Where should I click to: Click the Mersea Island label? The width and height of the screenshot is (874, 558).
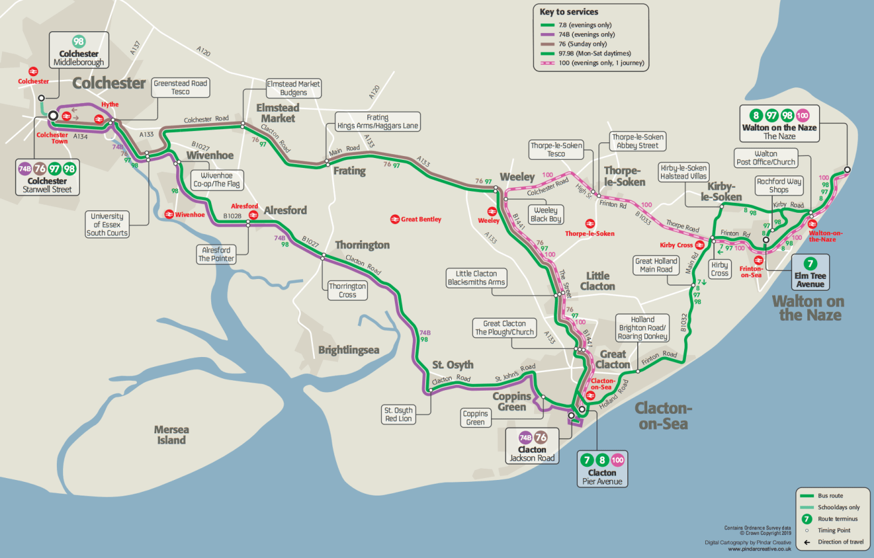[171, 435]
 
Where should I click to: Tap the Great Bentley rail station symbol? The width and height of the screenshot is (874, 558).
[395, 219]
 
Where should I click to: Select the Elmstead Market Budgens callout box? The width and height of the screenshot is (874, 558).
[294, 88]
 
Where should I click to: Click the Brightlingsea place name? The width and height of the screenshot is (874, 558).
[349, 350]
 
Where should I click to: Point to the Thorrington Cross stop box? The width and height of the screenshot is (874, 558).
[347, 290]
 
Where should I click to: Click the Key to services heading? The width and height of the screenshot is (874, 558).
[569, 12]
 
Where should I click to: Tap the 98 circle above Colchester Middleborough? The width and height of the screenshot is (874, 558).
[79, 42]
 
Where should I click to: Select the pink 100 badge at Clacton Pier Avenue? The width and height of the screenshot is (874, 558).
[617, 460]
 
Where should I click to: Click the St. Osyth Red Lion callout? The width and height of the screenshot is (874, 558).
[399, 414]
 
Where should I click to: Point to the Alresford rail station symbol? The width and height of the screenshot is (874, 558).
[253, 215]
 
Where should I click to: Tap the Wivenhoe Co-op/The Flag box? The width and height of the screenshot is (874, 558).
[216, 180]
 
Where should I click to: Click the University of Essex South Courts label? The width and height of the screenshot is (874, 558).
[107, 225]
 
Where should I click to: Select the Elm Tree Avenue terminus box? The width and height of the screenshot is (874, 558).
[810, 272]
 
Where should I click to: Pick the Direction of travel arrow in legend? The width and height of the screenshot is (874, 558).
[807, 542]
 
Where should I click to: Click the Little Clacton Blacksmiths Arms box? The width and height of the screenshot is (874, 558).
[476, 278]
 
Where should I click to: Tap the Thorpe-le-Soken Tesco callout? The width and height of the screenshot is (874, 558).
[556, 149]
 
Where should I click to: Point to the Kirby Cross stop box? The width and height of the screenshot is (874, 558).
[719, 269]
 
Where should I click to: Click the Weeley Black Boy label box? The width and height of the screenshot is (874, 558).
[545, 215]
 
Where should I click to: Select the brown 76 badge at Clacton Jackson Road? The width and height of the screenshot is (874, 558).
[541, 438]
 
